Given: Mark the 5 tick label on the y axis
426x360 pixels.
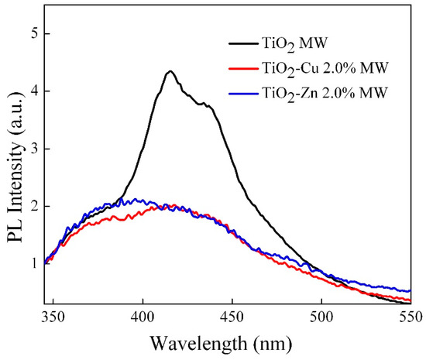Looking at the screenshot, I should (x=30, y=34).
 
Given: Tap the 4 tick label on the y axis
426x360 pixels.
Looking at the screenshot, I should (x=30, y=91).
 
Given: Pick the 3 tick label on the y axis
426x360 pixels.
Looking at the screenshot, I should (x=30, y=149).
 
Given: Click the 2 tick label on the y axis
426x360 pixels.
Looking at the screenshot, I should (x=30, y=206).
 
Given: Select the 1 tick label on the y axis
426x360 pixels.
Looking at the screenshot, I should (x=30, y=263).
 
